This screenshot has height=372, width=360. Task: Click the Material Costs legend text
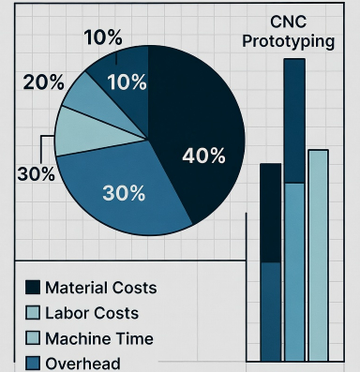point(100,287)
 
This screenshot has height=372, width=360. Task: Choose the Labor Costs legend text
point(91,313)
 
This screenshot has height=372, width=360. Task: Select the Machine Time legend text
point(98,338)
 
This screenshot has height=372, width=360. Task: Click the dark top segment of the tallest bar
point(293,120)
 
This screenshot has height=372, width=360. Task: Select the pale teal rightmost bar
point(318,253)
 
